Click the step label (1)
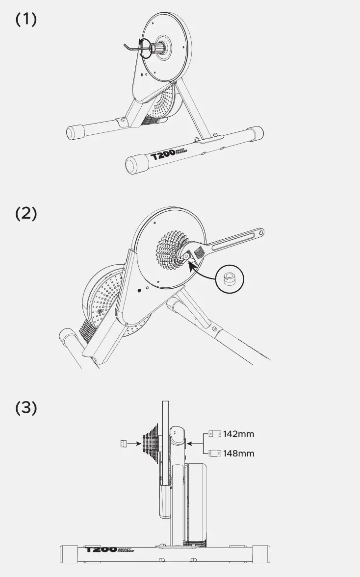click(26, 20)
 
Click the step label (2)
click(26, 214)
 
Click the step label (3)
click(26, 408)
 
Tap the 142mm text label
click(239, 434)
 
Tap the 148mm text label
click(239, 453)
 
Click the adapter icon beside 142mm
click(214, 434)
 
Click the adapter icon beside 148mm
click(214, 453)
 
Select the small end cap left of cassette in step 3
click(123, 444)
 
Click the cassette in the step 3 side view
click(150, 444)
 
